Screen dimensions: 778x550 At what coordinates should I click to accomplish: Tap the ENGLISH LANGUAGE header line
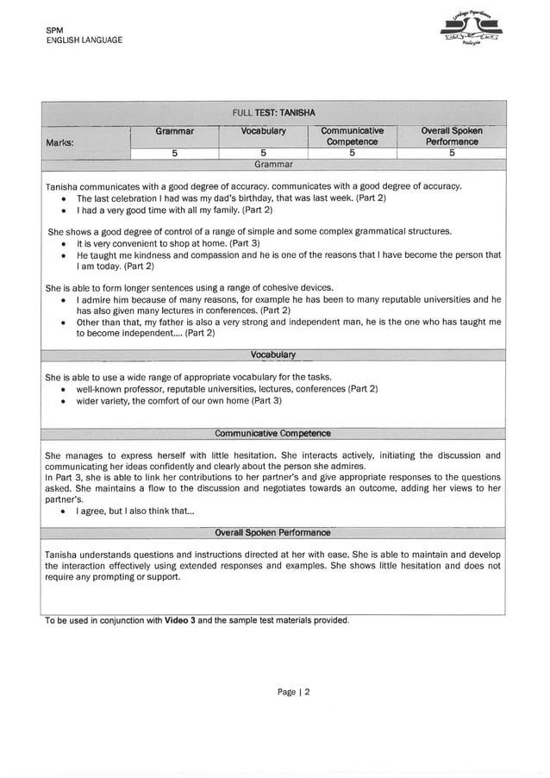84,41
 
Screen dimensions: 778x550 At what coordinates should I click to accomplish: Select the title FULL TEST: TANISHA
273,113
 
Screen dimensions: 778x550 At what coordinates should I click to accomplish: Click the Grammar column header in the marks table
174,131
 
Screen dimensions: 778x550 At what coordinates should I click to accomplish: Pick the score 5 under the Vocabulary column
262,154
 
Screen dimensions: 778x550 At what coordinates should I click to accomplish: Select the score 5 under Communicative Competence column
352,154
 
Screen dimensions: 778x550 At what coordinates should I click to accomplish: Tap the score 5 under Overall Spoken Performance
451,154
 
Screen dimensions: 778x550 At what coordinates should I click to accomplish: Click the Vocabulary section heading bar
273,354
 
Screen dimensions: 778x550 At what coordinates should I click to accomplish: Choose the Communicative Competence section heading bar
273,433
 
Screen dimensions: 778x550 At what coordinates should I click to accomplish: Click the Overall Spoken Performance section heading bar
273,532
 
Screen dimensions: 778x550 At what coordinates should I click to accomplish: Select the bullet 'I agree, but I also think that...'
135,511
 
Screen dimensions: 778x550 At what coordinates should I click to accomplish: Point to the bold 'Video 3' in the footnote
179,620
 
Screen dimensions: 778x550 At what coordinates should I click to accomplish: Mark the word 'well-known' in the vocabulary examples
100,389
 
